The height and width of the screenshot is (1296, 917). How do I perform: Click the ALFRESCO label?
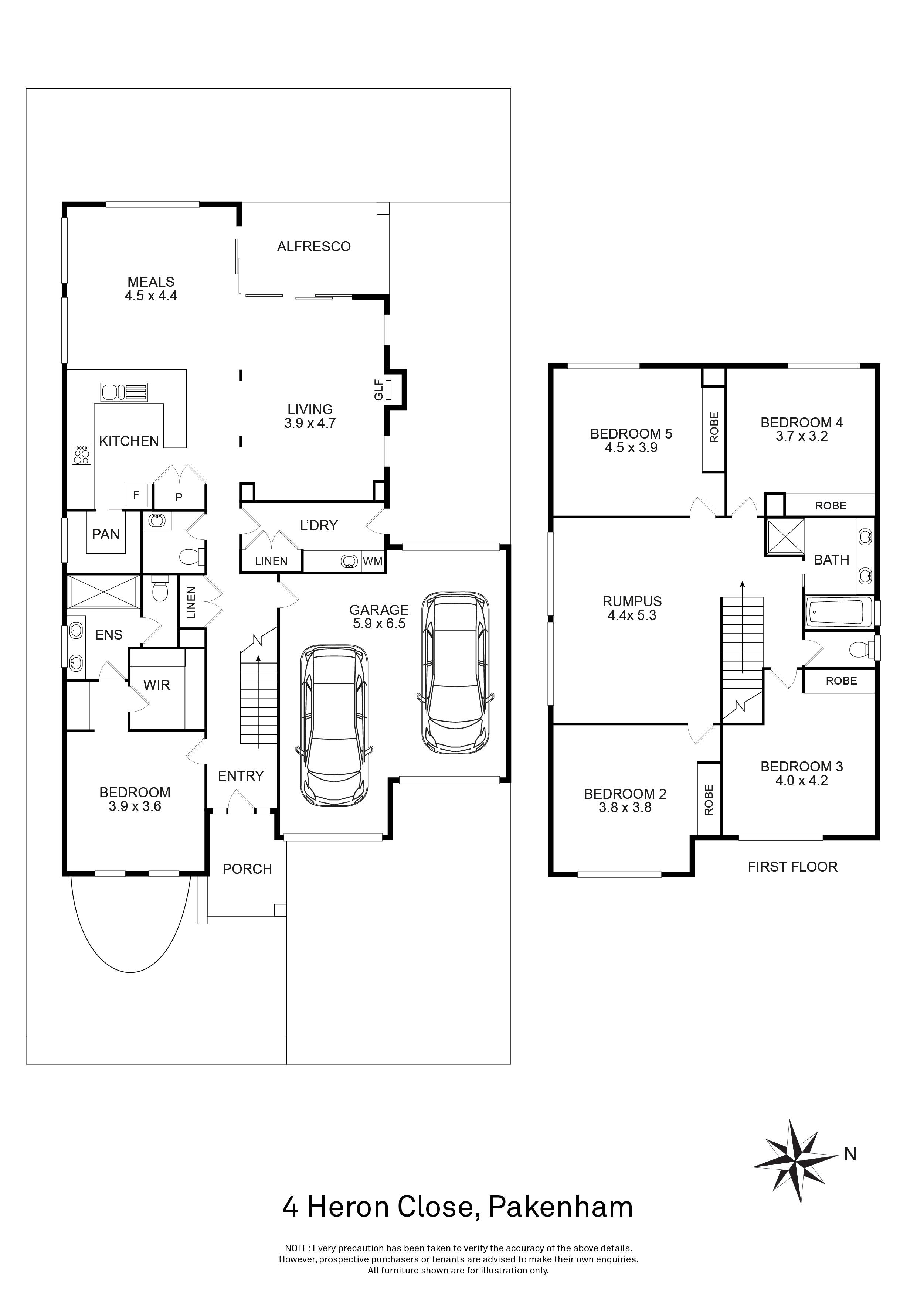coord(314,247)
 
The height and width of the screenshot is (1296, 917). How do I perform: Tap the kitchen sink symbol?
coord(124,391)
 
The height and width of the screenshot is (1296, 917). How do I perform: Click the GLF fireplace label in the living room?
coord(379,389)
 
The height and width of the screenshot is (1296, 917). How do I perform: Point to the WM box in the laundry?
coord(373,562)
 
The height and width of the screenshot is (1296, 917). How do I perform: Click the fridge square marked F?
coord(136,495)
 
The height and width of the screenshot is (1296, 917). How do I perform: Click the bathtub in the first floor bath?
coord(837,613)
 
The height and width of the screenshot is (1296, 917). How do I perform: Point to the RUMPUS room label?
coord(632,602)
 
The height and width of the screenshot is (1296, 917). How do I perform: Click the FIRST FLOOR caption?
coord(792,867)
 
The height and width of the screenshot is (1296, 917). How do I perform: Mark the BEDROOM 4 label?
coord(801,423)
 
